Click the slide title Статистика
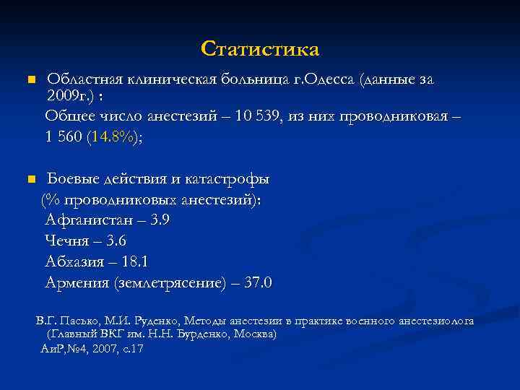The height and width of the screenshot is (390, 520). point(260,48)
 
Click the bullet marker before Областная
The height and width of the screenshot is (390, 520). point(30,79)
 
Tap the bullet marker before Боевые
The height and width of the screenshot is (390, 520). point(30,178)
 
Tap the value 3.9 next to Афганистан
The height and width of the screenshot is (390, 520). point(160,220)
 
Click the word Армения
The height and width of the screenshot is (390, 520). point(77,282)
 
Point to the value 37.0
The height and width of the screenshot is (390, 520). point(258,282)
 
